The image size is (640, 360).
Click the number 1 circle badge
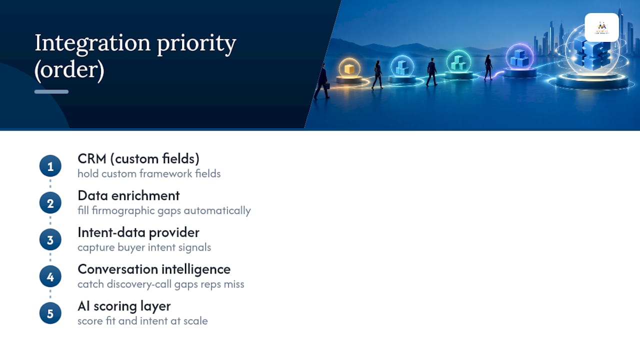pos(50,166)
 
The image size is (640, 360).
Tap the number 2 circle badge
pos(50,203)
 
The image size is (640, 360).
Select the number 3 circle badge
pos(50,239)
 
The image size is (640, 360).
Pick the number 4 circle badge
pos(50,276)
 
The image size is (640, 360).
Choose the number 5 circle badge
pos(50,313)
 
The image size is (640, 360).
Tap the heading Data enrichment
pos(128,195)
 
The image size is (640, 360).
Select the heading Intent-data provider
pos(138,232)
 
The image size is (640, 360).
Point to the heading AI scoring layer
pos(124,306)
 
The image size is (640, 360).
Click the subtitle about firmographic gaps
pos(164,210)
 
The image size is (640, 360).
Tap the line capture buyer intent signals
pos(144,247)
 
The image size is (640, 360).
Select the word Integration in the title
pos(92,43)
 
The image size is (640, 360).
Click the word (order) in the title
pos(69,70)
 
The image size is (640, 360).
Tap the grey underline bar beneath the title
pos(51,91)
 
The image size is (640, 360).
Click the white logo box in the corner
pos(601,27)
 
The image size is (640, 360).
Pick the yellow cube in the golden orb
pos(349,69)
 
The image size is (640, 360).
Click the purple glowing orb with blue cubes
pos(519,57)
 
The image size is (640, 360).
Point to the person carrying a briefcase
pos(322,81)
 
